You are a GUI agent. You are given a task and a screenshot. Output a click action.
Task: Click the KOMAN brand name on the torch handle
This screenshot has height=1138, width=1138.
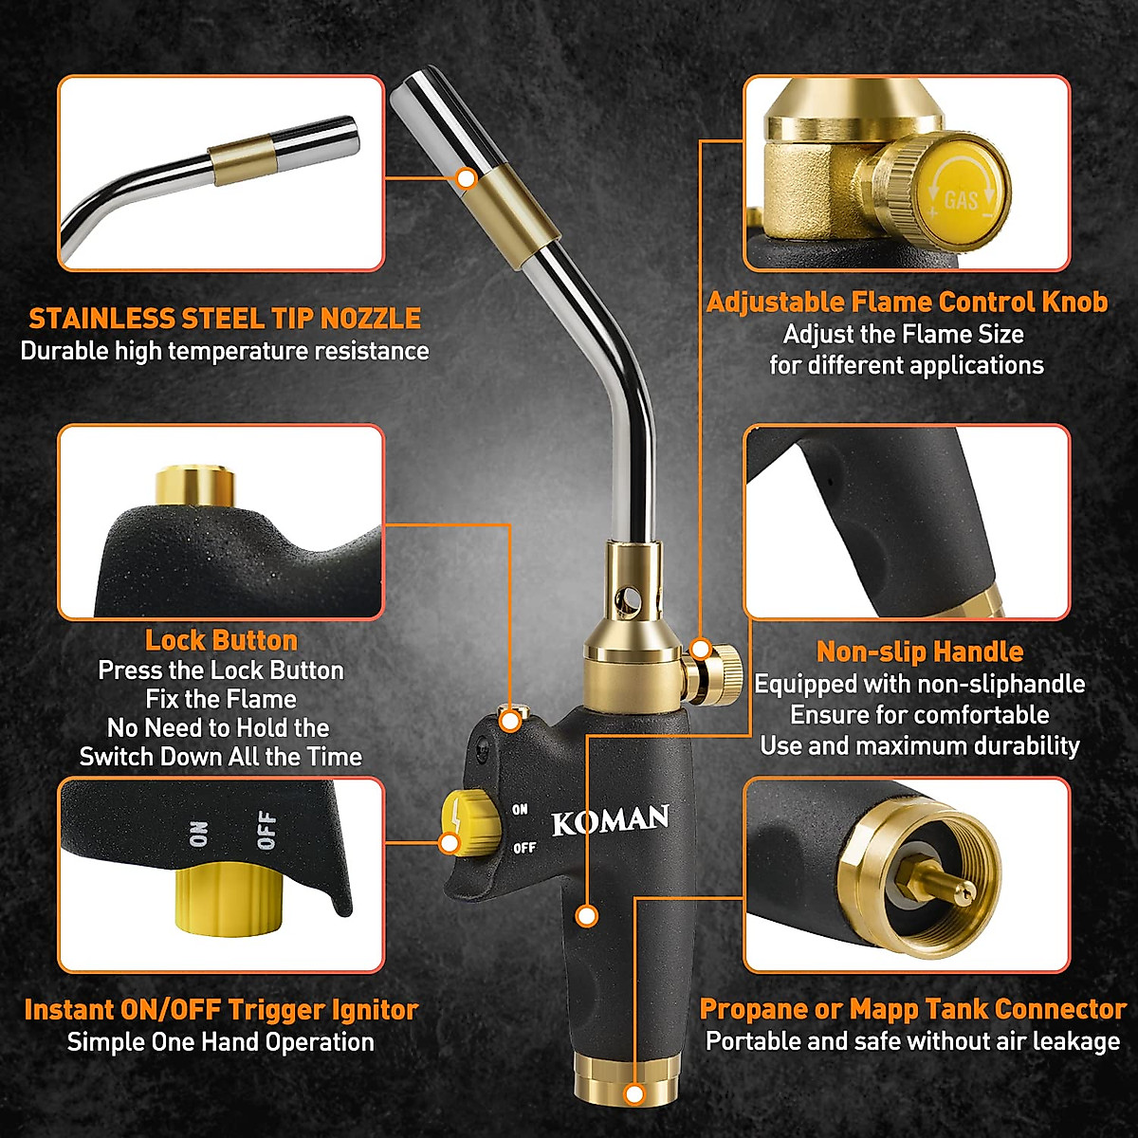tap(610, 819)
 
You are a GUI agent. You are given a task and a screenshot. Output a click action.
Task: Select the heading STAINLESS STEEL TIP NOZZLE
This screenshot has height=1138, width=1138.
tap(225, 318)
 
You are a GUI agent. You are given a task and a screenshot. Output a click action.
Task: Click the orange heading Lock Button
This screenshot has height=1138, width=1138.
tap(221, 640)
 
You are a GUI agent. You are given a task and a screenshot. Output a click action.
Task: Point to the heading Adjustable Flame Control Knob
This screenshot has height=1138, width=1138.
tap(907, 303)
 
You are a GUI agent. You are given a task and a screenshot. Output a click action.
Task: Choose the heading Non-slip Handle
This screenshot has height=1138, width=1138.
tap(919, 652)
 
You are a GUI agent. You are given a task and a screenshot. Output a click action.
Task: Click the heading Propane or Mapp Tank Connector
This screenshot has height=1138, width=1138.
tap(912, 1009)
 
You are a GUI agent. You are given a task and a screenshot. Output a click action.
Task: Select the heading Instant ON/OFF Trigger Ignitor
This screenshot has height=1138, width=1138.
tap(221, 1010)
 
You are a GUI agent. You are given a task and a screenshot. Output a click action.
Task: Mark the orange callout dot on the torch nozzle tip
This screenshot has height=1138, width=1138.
tap(466, 177)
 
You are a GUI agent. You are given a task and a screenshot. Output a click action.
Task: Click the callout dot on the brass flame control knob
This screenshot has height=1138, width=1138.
tap(700, 649)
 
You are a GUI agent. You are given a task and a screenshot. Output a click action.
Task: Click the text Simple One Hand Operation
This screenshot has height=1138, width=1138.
tap(220, 1042)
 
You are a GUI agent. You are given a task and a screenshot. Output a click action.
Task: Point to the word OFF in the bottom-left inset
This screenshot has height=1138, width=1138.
tap(266, 830)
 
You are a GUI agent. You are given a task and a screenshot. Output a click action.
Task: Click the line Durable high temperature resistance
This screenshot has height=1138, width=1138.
tap(225, 351)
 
